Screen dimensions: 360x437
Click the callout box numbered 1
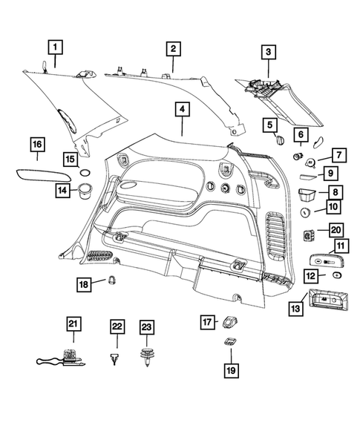point(55,47)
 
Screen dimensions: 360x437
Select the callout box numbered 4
point(183,109)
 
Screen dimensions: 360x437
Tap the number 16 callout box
point(37,145)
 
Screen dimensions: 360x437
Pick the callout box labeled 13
point(295,308)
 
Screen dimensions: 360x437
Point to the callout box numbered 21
point(73,323)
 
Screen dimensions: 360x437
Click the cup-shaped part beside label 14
point(84,191)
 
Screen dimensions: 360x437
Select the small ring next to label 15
point(85,173)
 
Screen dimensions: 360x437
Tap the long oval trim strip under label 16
point(43,176)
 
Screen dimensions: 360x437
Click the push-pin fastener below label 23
point(147,356)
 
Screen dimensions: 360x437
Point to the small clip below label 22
point(114,358)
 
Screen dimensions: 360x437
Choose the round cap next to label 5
point(279,139)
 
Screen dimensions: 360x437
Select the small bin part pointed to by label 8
point(307,195)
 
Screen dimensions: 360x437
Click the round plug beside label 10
point(305,212)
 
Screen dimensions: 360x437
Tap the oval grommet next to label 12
point(337,275)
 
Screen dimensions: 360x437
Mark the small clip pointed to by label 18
point(112,280)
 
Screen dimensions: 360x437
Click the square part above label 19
point(231,341)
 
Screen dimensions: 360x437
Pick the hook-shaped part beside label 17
point(230,323)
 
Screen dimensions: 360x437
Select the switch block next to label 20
point(309,235)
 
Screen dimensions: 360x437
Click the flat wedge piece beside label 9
point(308,177)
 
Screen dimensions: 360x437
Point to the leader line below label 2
point(173,65)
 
